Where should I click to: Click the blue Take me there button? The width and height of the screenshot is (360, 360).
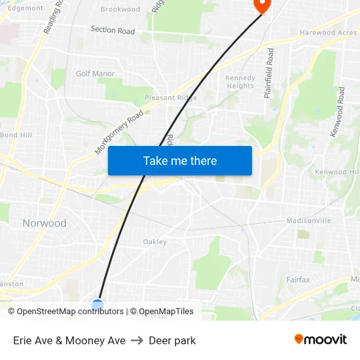coord(180,160)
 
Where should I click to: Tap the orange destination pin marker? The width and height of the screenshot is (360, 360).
coord(261,5)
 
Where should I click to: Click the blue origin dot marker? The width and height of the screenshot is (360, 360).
coord(98,304)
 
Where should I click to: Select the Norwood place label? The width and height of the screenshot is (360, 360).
coord(45,223)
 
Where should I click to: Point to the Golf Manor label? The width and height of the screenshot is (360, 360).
coord(95,73)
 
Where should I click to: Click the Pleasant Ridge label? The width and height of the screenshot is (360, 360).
coord(170,98)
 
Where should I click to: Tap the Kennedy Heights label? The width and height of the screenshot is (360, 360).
coord(240,82)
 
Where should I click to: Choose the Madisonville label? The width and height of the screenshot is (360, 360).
coord(308,221)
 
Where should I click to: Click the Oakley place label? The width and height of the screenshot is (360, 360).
coord(155,242)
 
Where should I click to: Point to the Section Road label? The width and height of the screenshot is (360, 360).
coord(113,30)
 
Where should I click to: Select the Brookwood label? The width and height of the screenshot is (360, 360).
coord(120,9)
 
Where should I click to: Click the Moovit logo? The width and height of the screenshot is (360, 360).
coord(321,340)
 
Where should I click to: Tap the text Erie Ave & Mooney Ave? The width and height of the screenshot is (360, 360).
coord(69,340)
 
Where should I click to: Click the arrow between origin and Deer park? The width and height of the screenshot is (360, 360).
coord(137,340)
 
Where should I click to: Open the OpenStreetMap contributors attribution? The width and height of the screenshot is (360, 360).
coord(70,312)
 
